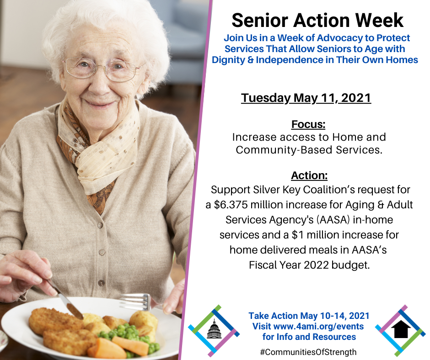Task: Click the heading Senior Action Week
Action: [317, 20]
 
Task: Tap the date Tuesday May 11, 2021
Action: [306, 98]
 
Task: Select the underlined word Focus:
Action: [308, 124]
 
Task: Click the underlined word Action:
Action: [309, 175]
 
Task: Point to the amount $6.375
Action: [231, 205]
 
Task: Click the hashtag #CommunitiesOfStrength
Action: [308, 352]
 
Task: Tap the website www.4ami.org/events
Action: [319, 326]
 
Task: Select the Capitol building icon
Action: [214, 328]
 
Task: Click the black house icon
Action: [401, 329]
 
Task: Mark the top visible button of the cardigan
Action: [100, 225]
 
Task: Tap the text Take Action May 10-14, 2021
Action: [309, 316]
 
